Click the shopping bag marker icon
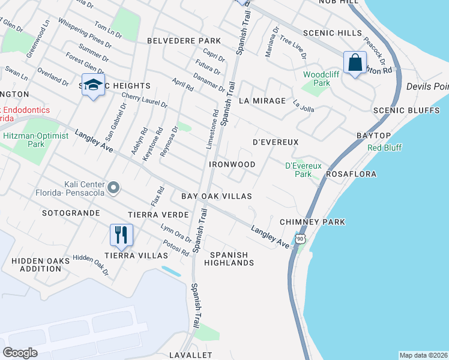point(355,62)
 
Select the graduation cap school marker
point(93,84)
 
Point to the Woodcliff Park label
point(316,79)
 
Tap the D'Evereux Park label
point(303,170)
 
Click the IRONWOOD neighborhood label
point(232,164)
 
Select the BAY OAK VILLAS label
point(216,196)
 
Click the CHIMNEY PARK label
point(312,222)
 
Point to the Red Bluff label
point(384,148)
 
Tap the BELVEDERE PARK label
point(184,41)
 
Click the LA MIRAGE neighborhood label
point(262,101)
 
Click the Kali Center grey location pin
point(113,189)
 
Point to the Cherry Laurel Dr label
point(145,100)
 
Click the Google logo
point(20,353)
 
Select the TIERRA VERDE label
point(158,215)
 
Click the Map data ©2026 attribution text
point(423,355)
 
